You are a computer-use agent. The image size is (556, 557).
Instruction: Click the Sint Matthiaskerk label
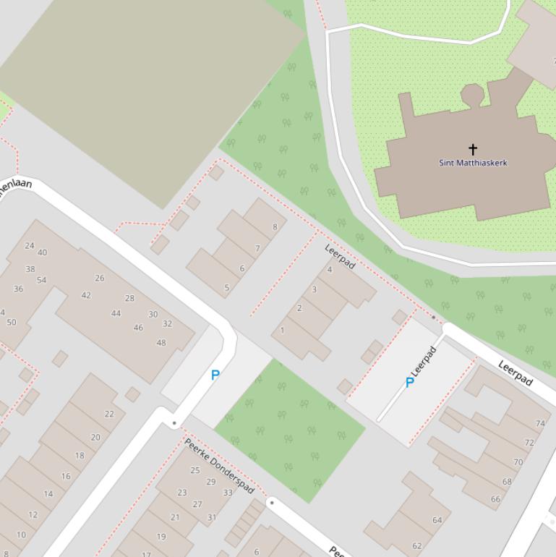coord(473,163)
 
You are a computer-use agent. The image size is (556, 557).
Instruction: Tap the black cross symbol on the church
coord(473,149)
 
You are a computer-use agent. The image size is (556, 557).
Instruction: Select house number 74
coord(540,424)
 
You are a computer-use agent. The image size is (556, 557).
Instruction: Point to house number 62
coord(417,546)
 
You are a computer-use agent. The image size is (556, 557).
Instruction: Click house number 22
coord(109,414)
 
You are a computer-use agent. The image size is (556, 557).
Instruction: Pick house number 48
coord(161,343)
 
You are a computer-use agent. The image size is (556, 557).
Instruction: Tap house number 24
coord(30,245)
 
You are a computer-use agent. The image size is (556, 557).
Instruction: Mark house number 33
coord(228,493)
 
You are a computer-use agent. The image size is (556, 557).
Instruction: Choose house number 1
coord(282,331)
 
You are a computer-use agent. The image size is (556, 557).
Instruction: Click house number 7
coord(257,249)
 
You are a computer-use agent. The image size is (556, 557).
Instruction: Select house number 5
coord(226,288)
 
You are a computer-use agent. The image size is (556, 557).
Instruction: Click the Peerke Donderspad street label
coord(218,466)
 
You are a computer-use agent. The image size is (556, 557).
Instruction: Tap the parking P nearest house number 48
coord(215,375)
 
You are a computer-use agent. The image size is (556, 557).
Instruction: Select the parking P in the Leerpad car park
coord(410,383)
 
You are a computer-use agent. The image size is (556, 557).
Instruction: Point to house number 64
coord(437,520)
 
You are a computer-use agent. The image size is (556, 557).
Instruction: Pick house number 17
coord(146,554)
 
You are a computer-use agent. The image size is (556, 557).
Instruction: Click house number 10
coord(21,535)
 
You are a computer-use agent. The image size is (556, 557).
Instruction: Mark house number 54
coord(41,280)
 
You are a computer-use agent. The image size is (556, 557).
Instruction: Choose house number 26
coord(99,278)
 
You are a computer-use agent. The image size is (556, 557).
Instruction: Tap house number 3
coord(314,289)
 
